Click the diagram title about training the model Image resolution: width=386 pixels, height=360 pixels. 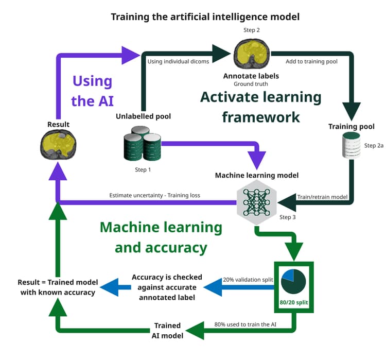point(205,16)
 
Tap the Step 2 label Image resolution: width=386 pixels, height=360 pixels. point(251,30)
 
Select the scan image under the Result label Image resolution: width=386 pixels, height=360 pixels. point(58,144)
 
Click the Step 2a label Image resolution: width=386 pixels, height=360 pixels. point(374,146)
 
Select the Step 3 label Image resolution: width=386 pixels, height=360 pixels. point(288,217)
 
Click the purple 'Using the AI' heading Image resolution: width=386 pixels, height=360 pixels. point(92,91)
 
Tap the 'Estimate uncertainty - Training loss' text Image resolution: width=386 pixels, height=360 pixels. point(154,195)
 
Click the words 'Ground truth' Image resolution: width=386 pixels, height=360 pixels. point(251,84)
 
